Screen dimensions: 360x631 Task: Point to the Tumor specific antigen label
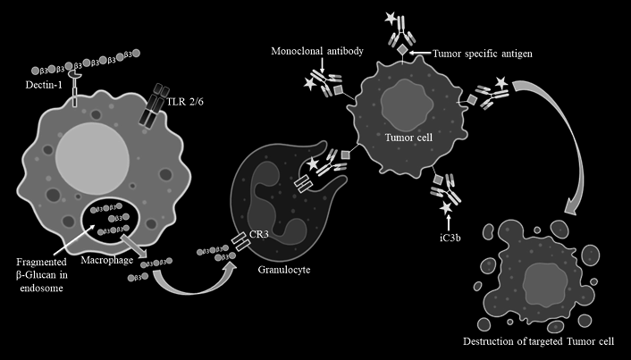[484, 53]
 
